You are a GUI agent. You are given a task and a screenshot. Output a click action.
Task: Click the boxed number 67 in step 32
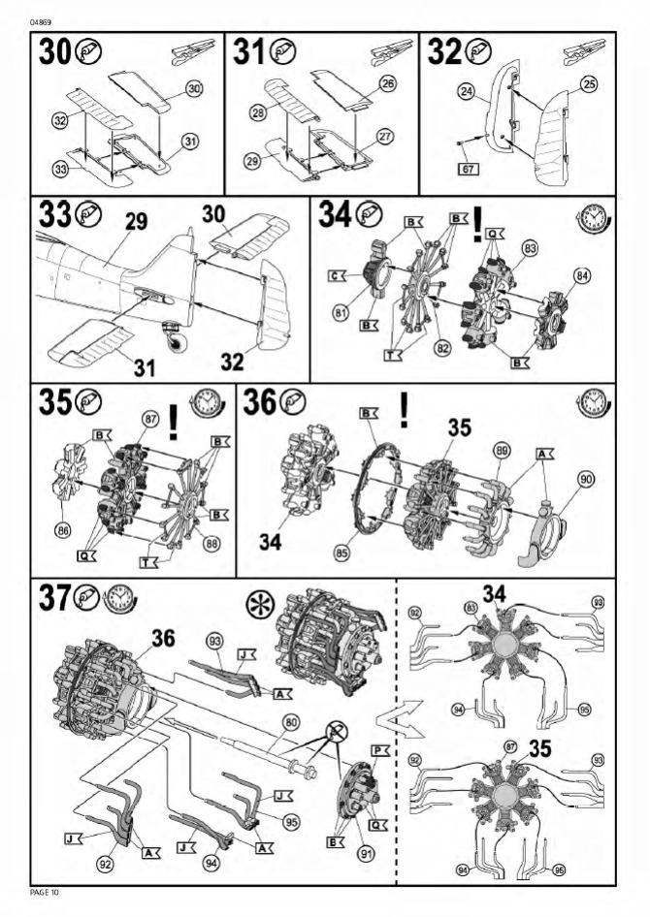(x=468, y=169)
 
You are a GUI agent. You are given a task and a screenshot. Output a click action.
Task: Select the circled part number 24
(x=466, y=92)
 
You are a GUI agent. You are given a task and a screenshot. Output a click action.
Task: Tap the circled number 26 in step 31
(x=387, y=83)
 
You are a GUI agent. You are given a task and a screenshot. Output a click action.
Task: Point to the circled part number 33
(x=60, y=170)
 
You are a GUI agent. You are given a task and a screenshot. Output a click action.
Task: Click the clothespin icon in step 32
(x=584, y=52)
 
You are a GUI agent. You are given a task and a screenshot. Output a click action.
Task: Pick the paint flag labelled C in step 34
(x=337, y=274)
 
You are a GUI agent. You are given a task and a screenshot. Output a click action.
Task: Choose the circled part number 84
(x=582, y=275)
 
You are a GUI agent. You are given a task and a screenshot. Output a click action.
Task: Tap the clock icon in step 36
(x=594, y=403)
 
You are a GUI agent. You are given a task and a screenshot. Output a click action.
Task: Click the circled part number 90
(x=585, y=480)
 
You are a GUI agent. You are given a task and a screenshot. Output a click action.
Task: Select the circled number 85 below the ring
(x=342, y=551)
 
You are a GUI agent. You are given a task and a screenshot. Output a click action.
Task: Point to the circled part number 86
(x=62, y=530)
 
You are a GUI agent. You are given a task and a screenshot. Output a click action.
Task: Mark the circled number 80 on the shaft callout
(x=291, y=723)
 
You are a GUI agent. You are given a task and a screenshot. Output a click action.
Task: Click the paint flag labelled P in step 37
(x=380, y=750)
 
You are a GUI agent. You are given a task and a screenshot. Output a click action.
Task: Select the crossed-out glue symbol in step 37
(x=337, y=731)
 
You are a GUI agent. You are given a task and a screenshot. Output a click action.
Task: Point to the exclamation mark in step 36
(x=404, y=410)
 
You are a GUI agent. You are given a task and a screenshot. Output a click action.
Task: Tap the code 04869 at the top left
(x=39, y=23)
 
